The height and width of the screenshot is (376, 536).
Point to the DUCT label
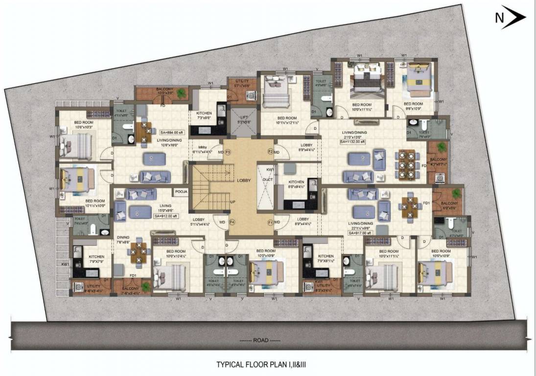pos(267,180)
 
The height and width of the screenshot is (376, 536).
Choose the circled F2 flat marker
pos(270,152)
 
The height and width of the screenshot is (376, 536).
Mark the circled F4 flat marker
pos(233,223)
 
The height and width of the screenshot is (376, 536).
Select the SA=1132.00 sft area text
pos(355,142)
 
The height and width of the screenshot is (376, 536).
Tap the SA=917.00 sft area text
pos(360,234)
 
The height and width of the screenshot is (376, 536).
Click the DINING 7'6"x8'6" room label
pos(123,239)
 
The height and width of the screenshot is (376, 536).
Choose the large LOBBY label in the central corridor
pos(244,180)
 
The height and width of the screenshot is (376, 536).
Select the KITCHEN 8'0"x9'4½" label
pos(296,184)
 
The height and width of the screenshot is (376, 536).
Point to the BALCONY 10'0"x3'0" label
pos(164,91)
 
